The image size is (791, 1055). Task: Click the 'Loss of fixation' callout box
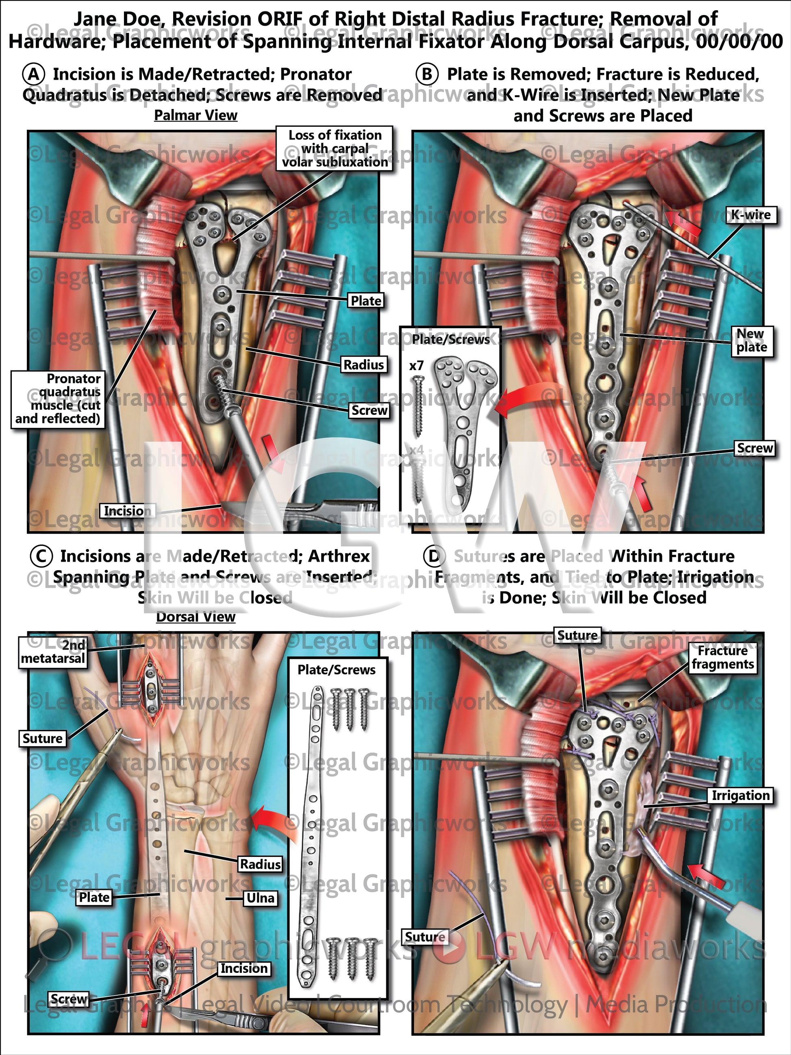[335, 148]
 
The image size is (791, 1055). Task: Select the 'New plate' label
[752, 340]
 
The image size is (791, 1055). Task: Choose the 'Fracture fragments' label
[723, 658]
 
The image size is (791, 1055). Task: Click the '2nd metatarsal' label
[53, 652]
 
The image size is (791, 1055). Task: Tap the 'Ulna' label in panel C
[260, 898]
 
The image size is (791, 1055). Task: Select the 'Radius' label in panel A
[364, 365]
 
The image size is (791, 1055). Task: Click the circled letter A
[34, 74]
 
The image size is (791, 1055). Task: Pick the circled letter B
[427, 74]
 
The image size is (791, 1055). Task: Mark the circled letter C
[41, 556]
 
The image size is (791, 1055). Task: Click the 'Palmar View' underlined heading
[196, 116]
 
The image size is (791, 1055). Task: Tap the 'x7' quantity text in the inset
[416, 366]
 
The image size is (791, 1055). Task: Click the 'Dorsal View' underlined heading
[196, 617]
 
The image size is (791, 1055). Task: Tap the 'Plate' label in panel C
[94, 898]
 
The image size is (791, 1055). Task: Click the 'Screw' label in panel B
[755, 448]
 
